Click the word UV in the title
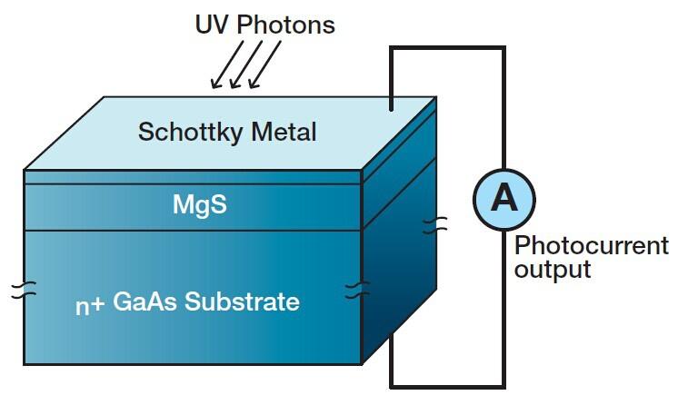[x=213, y=25]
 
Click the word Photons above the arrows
[x=285, y=25]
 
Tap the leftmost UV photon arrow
[x=227, y=64]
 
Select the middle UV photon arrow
[x=246, y=64]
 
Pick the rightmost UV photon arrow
[x=265, y=64]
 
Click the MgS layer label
[x=200, y=204]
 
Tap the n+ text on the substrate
[x=89, y=305]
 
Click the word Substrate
[x=242, y=301]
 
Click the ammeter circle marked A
[x=504, y=200]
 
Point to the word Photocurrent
[x=591, y=246]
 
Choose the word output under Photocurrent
[x=553, y=270]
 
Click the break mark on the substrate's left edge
[x=24, y=291]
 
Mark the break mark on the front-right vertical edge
[x=357, y=291]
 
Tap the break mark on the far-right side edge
[x=435, y=225]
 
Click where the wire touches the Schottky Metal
[x=391, y=110]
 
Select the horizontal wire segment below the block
[x=447, y=387]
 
